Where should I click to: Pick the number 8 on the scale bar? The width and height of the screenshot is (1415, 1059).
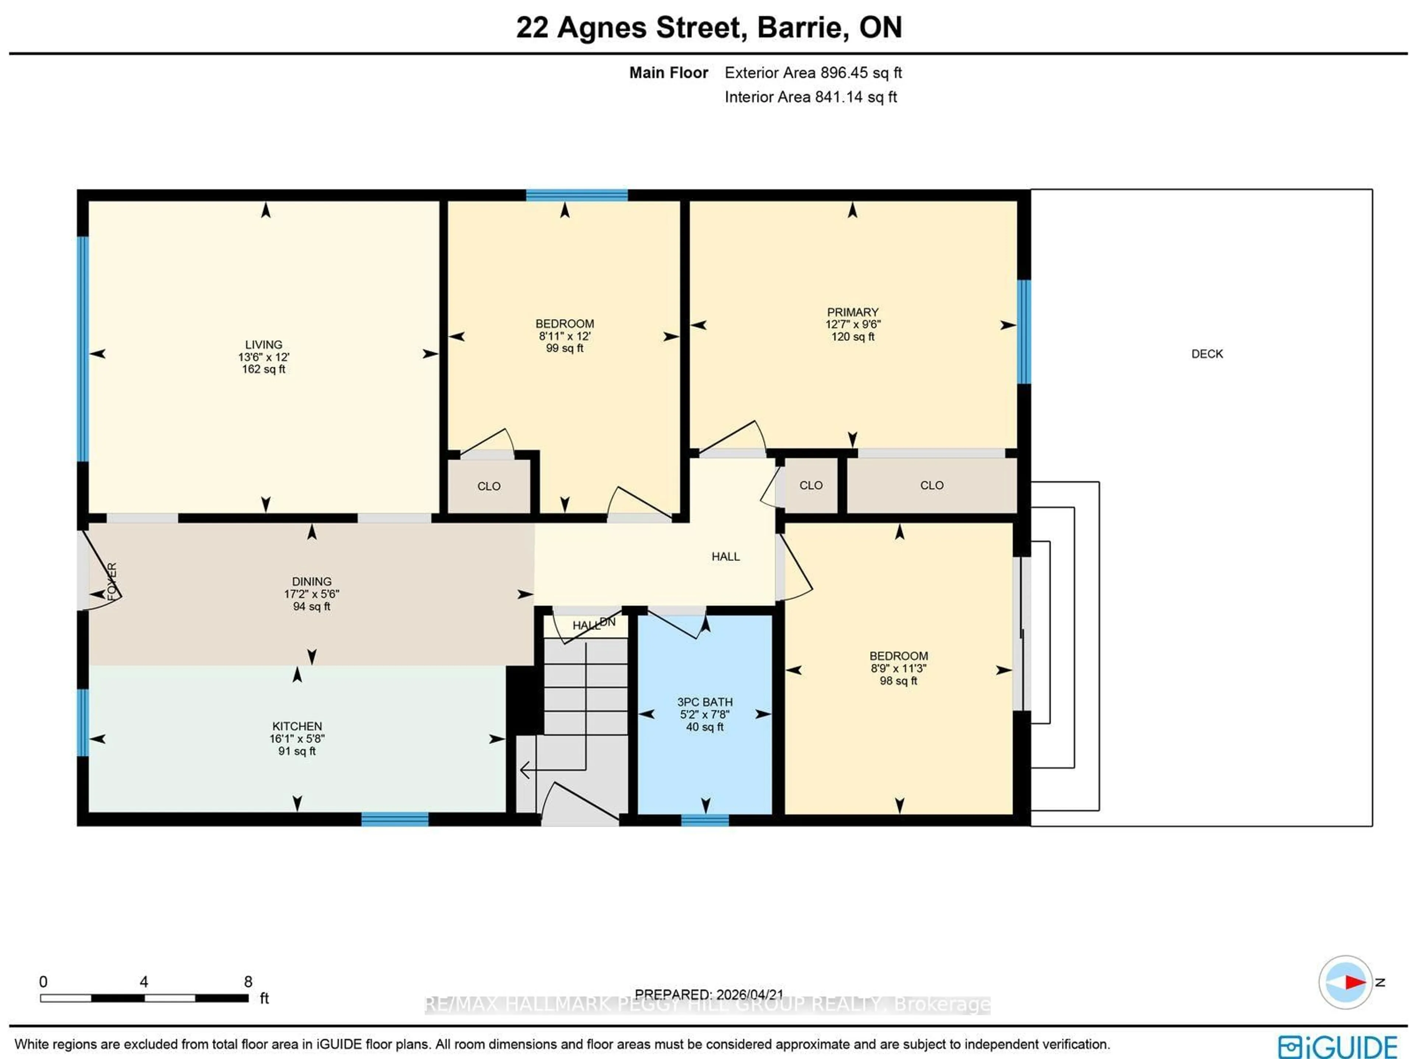click(248, 982)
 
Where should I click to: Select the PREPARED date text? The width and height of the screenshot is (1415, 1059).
click(708, 995)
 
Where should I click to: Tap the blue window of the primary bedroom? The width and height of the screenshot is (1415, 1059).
click(1024, 331)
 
